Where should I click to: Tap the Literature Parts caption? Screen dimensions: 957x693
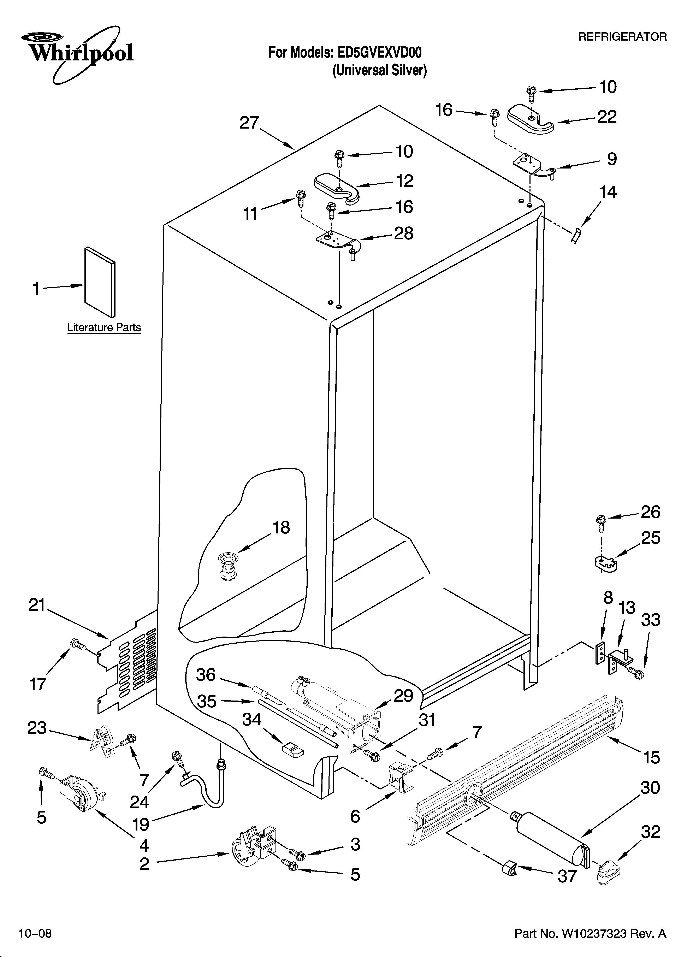coord(104,327)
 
